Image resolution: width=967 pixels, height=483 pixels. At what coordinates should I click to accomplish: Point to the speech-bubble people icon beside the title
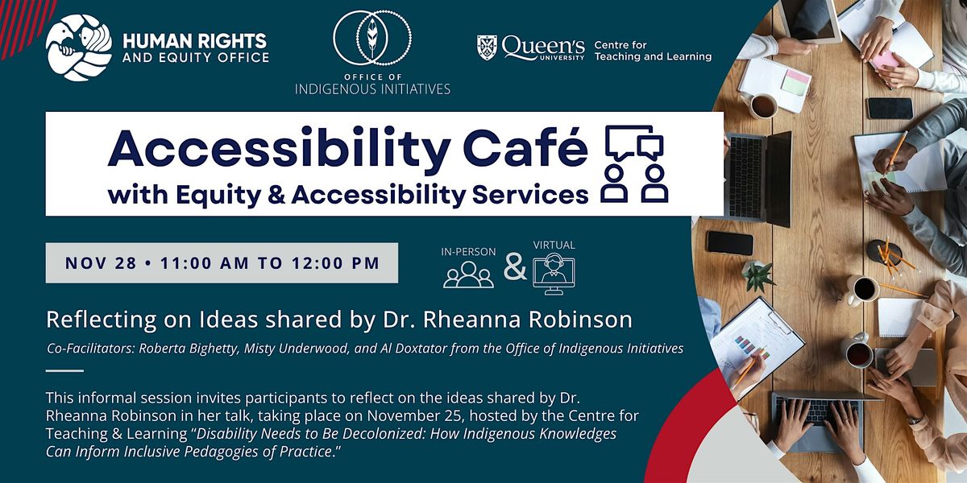(x=637, y=165)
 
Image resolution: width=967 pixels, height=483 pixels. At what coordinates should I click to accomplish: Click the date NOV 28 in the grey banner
(x=96, y=262)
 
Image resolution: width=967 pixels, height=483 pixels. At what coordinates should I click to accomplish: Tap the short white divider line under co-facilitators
(x=64, y=371)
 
